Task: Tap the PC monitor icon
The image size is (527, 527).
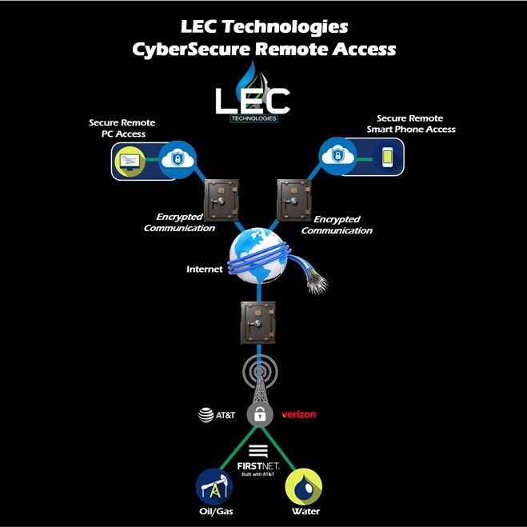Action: point(128,162)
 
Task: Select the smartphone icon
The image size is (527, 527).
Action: point(386,156)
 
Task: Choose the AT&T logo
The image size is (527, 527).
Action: point(218,415)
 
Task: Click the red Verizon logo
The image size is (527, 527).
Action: point(300,415)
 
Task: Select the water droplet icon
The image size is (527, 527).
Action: point(305,486)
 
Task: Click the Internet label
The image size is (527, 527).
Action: point(204,269)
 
